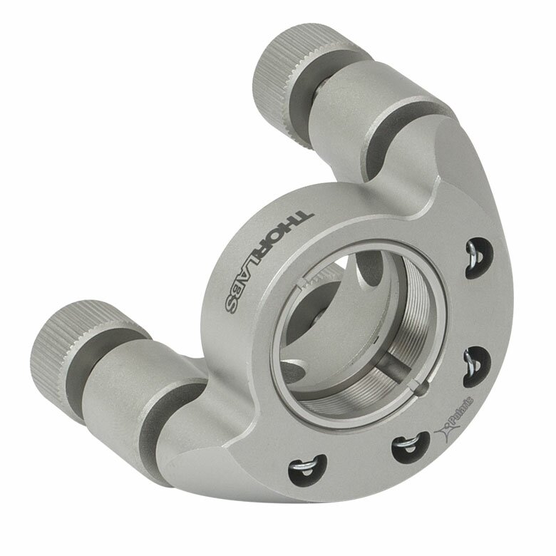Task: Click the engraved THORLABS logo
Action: pyautogui.click(x=269, y=262)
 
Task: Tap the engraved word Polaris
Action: pyautogui.click(x=461, y=413)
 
